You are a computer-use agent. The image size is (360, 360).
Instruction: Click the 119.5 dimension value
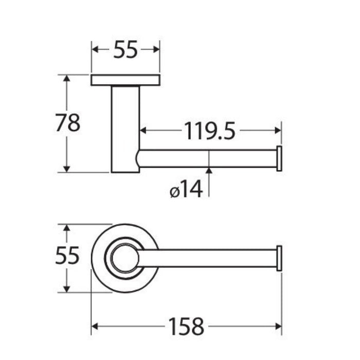click(210, 131)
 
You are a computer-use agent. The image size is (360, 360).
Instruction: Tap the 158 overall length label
click(186, 327)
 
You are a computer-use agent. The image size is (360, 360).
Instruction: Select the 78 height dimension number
click(68, 123)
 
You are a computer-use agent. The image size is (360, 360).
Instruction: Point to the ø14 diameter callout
click(186, 189)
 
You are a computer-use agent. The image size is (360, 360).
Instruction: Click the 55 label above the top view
click(125, 49)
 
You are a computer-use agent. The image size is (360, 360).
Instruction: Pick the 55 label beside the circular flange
click(67, 255)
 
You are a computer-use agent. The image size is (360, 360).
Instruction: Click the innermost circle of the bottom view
click(125, 258)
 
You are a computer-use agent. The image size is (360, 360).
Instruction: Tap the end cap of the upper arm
click(279, 158)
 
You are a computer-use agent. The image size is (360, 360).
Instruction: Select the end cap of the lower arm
click(279, 258)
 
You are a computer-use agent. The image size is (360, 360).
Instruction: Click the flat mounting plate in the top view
click(125, 80)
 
